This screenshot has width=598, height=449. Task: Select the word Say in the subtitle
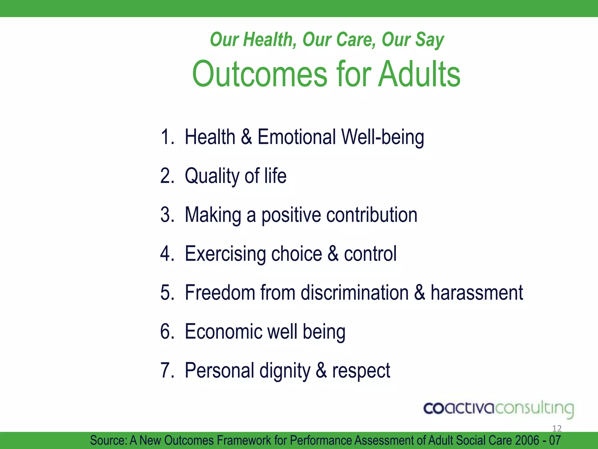tap(430, 40)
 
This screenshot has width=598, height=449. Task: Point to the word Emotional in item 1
tap(296, 137)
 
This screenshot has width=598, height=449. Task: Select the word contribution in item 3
tap(372, 215)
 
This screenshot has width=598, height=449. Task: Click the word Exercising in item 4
tap(225, 253)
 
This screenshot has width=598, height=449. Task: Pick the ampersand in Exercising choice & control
tap(333, 253)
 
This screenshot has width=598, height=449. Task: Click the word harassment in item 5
tap(477, 292)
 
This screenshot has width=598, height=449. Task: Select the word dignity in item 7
tap(285, 371)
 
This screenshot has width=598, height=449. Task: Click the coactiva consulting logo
tap(498, 408)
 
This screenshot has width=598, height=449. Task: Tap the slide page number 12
tap(557, 429)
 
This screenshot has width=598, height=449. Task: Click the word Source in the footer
tap(108, 440)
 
